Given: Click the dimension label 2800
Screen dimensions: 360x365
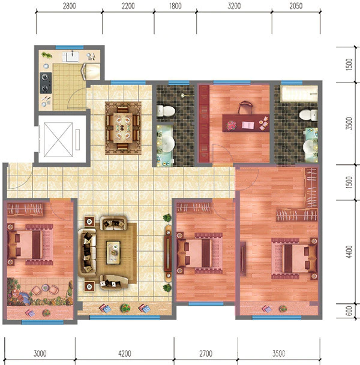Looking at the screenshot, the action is (69, 6).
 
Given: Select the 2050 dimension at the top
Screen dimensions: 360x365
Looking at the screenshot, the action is (296, 6).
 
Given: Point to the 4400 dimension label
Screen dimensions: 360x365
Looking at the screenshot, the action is (349, 252).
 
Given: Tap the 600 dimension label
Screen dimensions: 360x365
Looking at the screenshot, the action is (349, 311).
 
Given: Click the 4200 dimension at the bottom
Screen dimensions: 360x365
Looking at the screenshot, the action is (124, 354).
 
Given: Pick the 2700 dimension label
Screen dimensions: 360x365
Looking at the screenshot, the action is (206, 354).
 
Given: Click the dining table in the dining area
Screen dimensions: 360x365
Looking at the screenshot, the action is (123, 128).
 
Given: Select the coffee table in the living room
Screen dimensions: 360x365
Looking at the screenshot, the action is (113, 252).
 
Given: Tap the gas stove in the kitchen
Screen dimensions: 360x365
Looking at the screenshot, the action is (46, 83).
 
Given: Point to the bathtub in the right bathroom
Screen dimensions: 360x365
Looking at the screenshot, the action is (299, 94).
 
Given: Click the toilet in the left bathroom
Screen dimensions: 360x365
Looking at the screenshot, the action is (166, 111).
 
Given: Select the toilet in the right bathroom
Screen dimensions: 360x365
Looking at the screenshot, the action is (308, 115).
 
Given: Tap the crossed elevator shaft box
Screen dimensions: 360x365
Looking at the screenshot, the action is (58, 140).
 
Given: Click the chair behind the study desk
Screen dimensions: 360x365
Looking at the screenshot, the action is (245, 107).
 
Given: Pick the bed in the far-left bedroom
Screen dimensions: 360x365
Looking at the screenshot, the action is (30, 245).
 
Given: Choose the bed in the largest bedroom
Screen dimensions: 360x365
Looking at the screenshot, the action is (295, 258).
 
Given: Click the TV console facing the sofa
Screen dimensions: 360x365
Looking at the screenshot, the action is (168, 252).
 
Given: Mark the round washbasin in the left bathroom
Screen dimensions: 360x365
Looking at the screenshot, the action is (167, 143).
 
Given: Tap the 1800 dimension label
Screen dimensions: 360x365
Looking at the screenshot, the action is (175, 6).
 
